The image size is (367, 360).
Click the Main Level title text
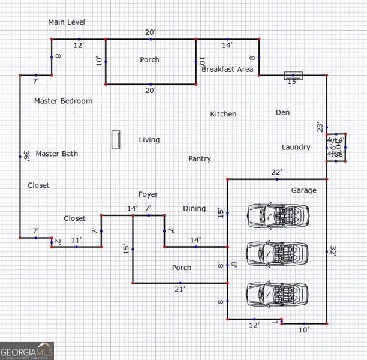(67, 22)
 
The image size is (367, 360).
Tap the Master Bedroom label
(63, 101)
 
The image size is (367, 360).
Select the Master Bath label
(56, 154)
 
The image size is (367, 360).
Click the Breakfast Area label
(227, 70)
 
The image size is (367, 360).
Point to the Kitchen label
(223, 114)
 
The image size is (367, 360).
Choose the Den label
(282, 112)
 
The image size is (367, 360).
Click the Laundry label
(296, 147)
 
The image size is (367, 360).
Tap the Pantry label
(200, 159)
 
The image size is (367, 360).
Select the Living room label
(149, 140)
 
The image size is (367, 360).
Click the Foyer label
(148, 194)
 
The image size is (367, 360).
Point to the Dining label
(194, 209)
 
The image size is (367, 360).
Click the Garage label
(303, 190)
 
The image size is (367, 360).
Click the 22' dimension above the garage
(276, 173)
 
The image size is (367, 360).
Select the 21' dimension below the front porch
(180, 289)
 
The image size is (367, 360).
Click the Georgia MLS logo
(27, 350)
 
